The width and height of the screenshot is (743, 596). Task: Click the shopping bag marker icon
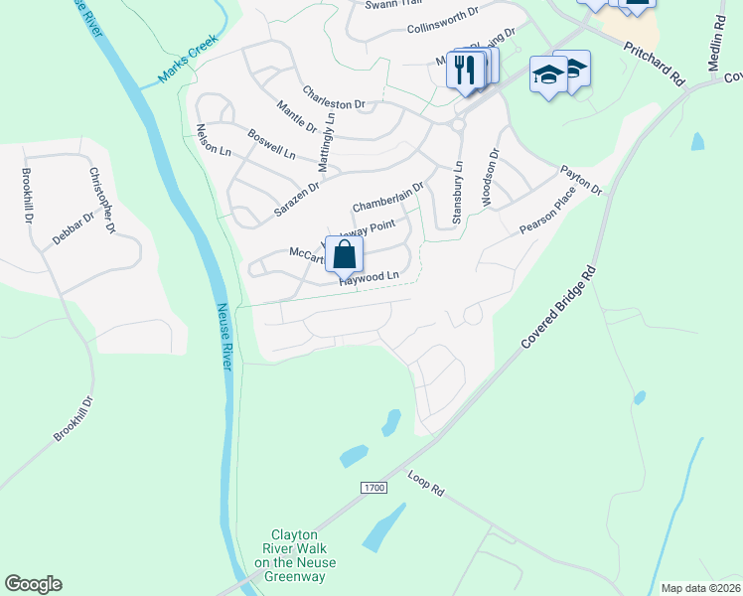[344, 255]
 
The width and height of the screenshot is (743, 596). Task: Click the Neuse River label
[223, 337]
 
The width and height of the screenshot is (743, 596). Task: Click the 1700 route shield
[372, 488]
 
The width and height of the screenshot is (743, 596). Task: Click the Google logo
[33, 584]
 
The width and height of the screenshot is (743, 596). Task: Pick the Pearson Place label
[546, 215]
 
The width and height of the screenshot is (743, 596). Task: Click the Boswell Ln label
[271, 145]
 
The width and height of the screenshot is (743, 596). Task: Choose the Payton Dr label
[581, 180]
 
